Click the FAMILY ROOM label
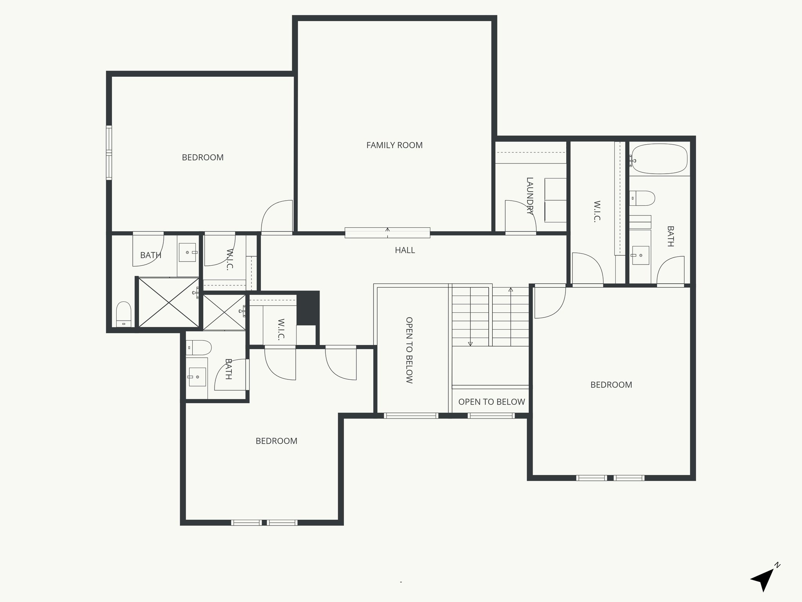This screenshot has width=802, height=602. (x=394, y=145)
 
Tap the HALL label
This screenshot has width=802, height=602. (x=405, y=250)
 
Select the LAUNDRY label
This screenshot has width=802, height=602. (x=529, y=196)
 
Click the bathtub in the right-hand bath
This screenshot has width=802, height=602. (x=660, y=159)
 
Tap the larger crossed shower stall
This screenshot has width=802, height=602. (x=169, y=302)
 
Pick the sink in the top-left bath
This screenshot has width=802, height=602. (x=188, y=252)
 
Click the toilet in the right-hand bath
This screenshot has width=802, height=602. (x=642, y=198)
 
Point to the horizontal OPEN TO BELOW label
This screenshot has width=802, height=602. (x=491, y=402)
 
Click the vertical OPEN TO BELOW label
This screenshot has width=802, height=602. (x=409, y=350)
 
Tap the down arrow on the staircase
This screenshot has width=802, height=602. (x=470, y=343)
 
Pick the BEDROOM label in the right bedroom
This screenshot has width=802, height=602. (x=611, y=385)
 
